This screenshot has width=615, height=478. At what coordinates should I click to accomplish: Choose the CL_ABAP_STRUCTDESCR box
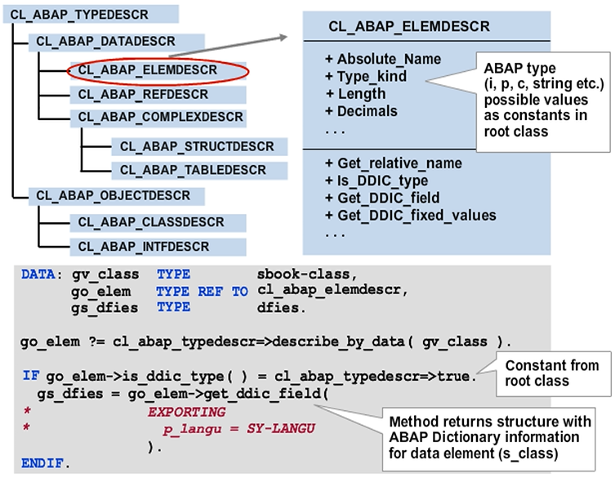(198, 147)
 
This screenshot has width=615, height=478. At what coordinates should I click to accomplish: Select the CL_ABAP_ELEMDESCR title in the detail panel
(409, 27)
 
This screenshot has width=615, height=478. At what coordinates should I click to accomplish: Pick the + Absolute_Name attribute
(382, 59)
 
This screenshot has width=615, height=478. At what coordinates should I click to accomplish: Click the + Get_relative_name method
(393, 163)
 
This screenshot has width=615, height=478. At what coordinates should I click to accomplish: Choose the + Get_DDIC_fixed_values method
(410, 216)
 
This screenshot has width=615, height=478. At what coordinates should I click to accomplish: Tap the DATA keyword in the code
(39, 276)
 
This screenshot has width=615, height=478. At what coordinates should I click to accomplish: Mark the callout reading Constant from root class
(551, 373)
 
